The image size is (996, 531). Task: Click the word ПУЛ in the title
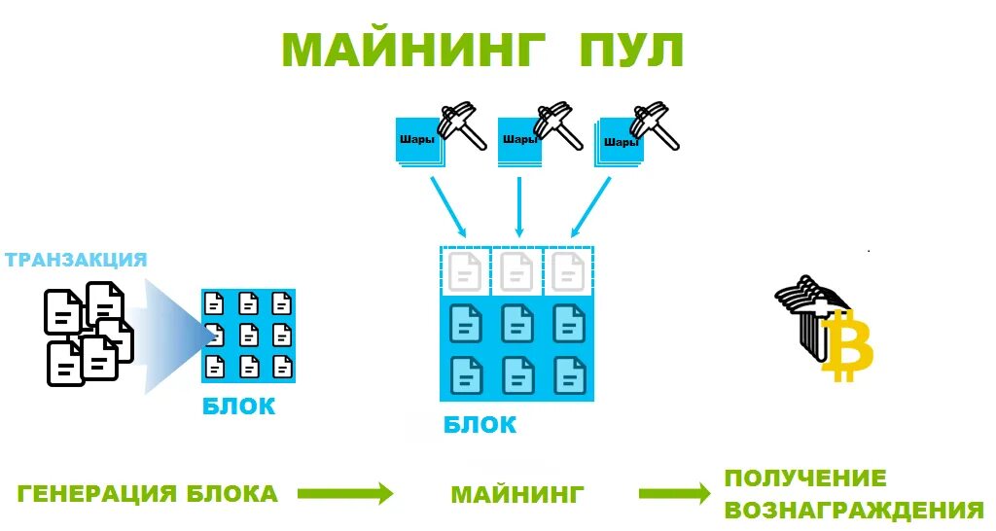pyautogui.click(x=631, y=50)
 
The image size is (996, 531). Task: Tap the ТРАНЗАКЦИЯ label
pyautogui.click(x=76, y=260)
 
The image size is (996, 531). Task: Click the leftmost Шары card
pyautogui.click(x=417, y=141)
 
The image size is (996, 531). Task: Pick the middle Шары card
pyautogui.click(x=518, y=141)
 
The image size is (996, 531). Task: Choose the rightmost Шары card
pyautogui.click(x=621, y=142)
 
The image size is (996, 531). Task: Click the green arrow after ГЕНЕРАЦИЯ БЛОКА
pyautogui.click(x=344, y=494)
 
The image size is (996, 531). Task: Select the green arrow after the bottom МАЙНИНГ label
pyautogui.click(x=675, y=494)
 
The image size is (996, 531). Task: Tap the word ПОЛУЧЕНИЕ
pyautogui.click(x=805, y=478)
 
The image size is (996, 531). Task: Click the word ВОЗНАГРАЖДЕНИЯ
pyautogui.click(x=854, y=511)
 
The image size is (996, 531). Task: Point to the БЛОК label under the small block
pyautogui.click(x=238, y=407)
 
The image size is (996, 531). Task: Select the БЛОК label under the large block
pyautogui.click(x=480, y=425)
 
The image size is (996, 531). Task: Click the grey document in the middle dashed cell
pyautogui.click(x=516, y=272)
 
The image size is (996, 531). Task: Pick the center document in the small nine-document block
pyautogui.click(x=248, y=335)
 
